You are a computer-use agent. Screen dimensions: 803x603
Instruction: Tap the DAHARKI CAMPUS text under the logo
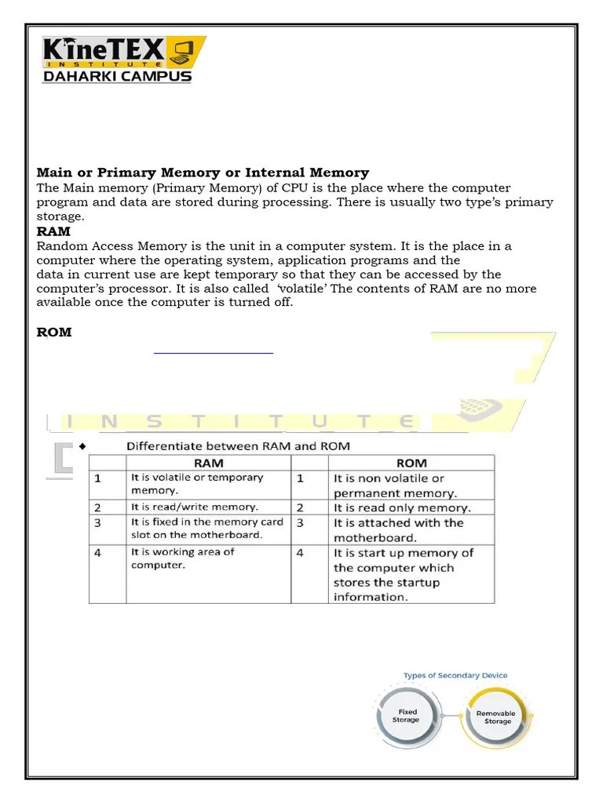pyautogui.click(x=117, y=77)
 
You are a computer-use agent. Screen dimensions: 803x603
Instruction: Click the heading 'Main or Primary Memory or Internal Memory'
pyautogui.click(x=203, y=173)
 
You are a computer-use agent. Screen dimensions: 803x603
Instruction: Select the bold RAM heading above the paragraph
pyautogui.click(x=53, y=231)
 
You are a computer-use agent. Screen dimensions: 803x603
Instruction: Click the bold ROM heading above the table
pyautogui.click(x=54, y=332)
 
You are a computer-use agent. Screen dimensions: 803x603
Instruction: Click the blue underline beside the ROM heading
pyautogui.click(x=213, y=354)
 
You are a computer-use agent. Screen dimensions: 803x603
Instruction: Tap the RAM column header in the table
pyautogui.click(x=208, y=463)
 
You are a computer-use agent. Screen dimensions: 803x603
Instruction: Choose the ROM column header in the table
pyautogui.click(x=412, y=463)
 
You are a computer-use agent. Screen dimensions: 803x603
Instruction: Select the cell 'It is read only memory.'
pyautogui.click(x=402, y=508)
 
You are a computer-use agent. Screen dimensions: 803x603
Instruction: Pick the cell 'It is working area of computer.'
pyautogui.click(x=182, y=558)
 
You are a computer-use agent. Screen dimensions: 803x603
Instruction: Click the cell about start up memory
pyautogui.click(x=404, y=574)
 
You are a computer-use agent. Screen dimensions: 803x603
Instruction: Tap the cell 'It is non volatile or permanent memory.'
pyautogui.click(x=395, y=485)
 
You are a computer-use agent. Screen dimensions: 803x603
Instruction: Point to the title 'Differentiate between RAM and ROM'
pyautogui.click(x=239, y=446)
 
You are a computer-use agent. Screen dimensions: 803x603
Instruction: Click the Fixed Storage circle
pyautogui.click(x=407, y=715)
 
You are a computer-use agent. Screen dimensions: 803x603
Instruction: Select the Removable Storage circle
pyautogui.click(x=496, y=717)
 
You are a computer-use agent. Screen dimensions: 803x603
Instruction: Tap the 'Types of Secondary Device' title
pyautogui.click(x=455, y=675)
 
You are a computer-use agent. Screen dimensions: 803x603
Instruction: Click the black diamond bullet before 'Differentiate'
pyautogui.click(x=81, y=446)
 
